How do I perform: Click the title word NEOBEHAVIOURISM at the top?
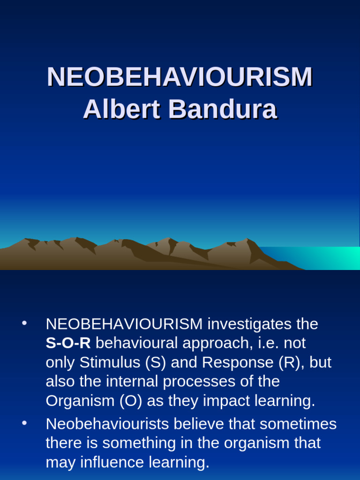coord(180,77)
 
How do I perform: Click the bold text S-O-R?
coord(68,343)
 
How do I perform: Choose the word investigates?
coord(243,324)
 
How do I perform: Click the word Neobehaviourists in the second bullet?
coord(107,424)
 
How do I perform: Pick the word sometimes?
coord(298,424)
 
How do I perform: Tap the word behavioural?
coord(136,343)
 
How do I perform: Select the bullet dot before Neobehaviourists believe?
coord(24,424)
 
